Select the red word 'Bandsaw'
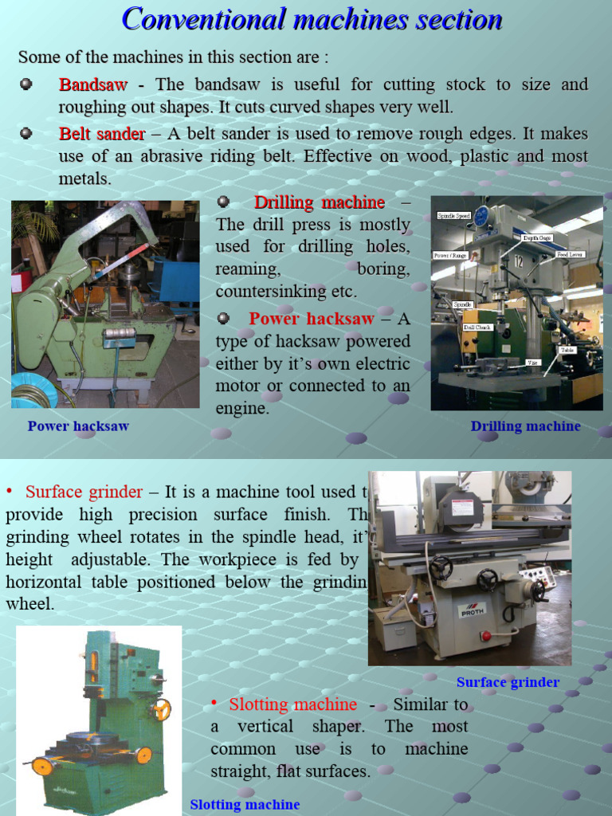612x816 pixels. [x=92, y=84]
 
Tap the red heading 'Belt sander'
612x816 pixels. [x=101, y=134]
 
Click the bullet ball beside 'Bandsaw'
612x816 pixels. [x=26, y=84]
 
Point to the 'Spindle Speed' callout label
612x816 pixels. [x=454, y=216]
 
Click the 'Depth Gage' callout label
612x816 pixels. [x=535, y=237]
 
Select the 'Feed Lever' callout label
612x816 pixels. [x=570, y=254]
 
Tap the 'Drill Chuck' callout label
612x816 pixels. [x=477, y=327]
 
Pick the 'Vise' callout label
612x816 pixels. [x=532, y=363]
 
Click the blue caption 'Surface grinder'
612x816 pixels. [x=508, y=682]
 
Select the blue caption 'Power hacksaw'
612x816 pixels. [x=78, y=426]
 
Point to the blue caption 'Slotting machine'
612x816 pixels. [x=245, y=805]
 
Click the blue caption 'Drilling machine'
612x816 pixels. [x=525, y=426]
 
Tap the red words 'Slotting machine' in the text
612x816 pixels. [x=292, y=704]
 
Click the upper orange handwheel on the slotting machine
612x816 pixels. [x=163, y=709]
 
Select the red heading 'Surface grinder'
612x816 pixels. [x=84, y=492]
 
